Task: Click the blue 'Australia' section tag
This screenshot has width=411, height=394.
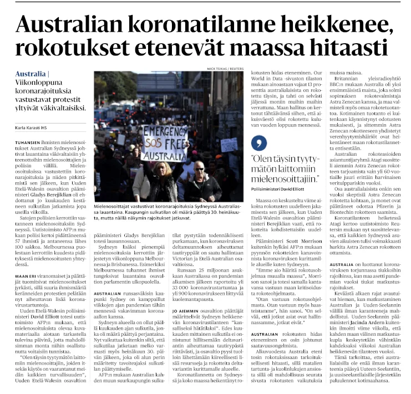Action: [x=31, y=74]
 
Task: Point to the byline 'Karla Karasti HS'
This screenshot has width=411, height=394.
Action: [x=32, y=129]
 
